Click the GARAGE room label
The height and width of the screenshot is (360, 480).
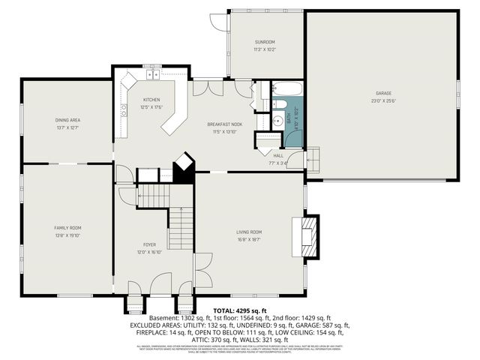(x=383, y=94)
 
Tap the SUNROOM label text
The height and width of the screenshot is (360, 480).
(x=265, y=42)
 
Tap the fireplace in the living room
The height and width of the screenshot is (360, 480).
(x=308, y=235)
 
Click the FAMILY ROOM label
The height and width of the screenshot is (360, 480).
(x=67, y=227)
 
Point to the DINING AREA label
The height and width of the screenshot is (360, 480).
(x=67, y=120)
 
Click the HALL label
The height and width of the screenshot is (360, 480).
(x=277, y=155)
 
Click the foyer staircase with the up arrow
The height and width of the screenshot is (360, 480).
(x=180, y=229)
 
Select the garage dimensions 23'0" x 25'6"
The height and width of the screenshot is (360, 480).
(x=383, y=100)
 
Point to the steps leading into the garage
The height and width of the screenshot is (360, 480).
(x=313, y=159)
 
